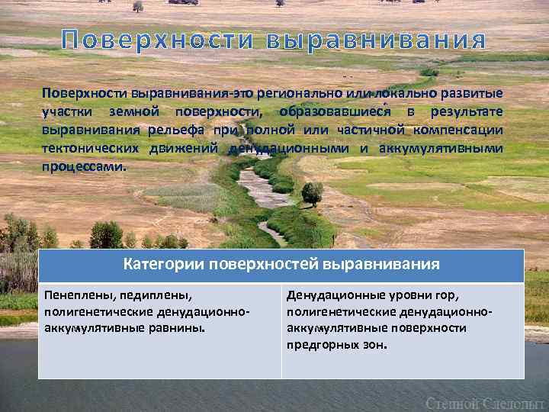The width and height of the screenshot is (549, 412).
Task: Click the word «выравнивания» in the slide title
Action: click(x=376, y=40)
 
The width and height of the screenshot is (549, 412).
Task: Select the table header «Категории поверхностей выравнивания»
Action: click(x=281, y=265)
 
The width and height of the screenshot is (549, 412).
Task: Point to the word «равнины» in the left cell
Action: click(x=179, y=329)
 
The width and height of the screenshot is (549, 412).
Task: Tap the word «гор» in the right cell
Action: click(x=447, y=295)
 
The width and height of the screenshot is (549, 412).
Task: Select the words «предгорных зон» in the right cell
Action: click(x=337, y=346)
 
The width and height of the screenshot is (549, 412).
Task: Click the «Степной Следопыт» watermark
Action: click(x=485, y=401)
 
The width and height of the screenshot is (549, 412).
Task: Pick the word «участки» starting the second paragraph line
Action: click(x=66, y=112)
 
